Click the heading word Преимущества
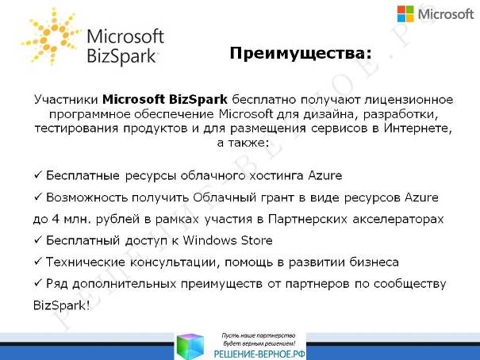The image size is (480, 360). click(x=296, y=53)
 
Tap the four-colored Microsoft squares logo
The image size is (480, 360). click(x=405, y=14)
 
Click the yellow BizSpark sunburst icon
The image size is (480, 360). click(x=51, y=36)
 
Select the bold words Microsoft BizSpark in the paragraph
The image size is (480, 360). click(x=165, y=99)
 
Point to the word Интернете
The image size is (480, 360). click(x=417, y=128)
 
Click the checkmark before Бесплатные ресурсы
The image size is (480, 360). click(x=37, y=175)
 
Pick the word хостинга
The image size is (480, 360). click(x=276, y=176)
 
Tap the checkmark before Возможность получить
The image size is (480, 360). click(x=37, y=197)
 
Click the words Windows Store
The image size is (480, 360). click(x=228, y=240)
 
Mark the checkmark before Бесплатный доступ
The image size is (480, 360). click(x=37, y=240)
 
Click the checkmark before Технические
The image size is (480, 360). click(x=37, y=262)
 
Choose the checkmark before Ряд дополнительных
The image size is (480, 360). click(x=37, y=284)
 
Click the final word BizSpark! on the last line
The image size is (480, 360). click(x=62, y=305)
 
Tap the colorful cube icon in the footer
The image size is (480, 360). click(x=190, y=347)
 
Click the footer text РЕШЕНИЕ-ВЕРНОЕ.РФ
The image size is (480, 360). click(x=259, y=354)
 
